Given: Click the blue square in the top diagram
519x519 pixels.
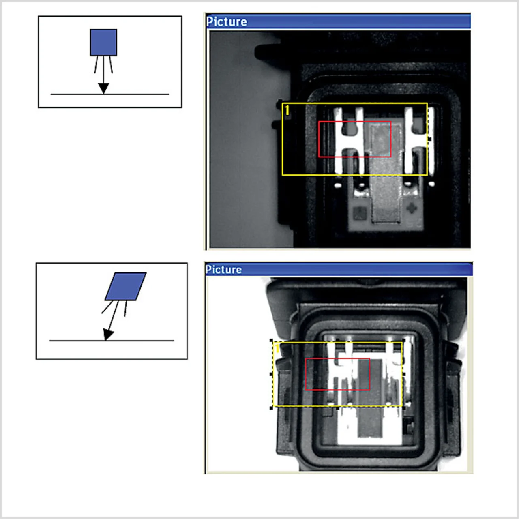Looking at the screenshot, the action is (x=103, y=43).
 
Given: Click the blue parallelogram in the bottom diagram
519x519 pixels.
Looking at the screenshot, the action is (x=126, y=286).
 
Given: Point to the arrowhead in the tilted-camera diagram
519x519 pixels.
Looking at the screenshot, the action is (x=108, y=335).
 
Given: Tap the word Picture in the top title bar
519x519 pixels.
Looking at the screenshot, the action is (x=227, y=22).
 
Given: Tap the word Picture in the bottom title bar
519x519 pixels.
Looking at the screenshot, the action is (x=223, y=270).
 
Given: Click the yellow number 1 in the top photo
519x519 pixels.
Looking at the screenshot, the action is (x=287, y=110).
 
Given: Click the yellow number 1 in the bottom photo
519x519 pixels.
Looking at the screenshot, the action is (x=277, y=349).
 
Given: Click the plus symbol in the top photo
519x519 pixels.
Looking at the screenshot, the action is (x=412, y=208).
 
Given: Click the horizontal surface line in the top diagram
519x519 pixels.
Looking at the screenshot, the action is (x=110, y=94).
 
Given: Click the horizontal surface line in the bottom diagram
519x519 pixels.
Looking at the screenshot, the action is (x=112, y=341).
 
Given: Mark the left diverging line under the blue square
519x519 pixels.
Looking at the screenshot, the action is (x=96, y=64).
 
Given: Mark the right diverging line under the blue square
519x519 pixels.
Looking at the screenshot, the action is (x=111, y=64).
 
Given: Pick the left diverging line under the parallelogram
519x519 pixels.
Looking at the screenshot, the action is (x=107, y=307).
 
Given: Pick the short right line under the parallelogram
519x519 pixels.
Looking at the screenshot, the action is (x=126, y=309).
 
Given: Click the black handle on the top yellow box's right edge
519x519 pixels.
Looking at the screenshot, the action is (x=429, y=139).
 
